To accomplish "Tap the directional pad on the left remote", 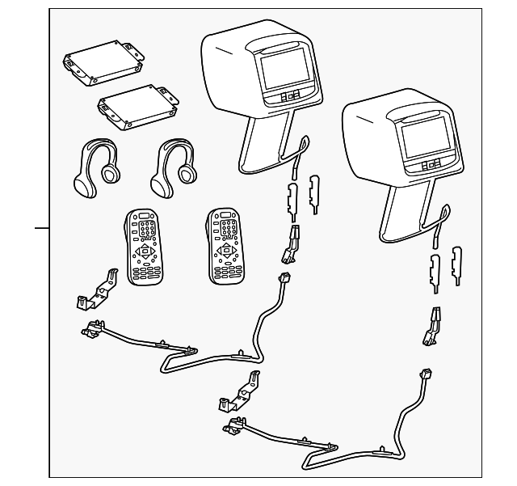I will pyautogui.click(x=145, y=253).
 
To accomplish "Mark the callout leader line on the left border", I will pyautogui.click(x=41, y=227).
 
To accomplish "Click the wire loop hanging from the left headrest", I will pyautogui.click(x=298, y=154).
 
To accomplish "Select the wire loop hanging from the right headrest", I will pyautogui.click(x=439, y=222).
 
